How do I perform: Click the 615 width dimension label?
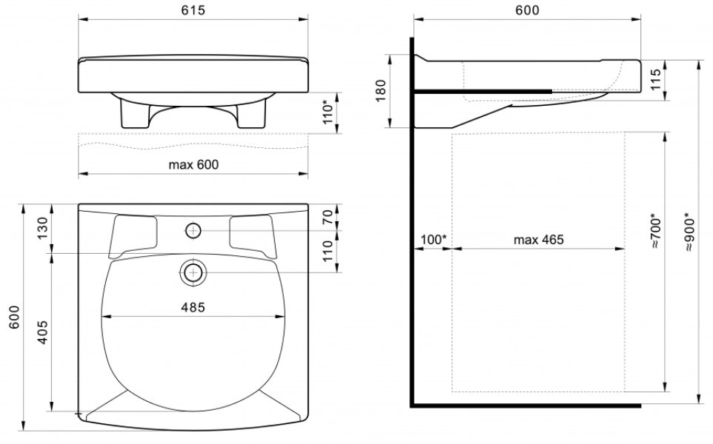click(x=193, y=10)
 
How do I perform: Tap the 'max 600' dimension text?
click(x=193, y=164)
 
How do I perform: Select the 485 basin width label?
click(x=193, y=307)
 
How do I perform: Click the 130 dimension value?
click(x=42, y=229)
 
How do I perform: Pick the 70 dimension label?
click(x=328, y=217)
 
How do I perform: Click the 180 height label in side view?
click(x=381, y=91)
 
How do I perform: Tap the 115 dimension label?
click(x=655, y=79)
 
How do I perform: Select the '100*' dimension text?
click(x=434, y=239)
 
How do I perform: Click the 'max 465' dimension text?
click(x=538, y=239)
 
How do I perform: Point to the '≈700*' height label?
click(x=655, y=231)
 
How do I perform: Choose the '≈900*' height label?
click(x=690, y=232)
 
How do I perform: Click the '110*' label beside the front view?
click(x=328, y=113)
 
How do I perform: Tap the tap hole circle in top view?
click(x=193, y=231)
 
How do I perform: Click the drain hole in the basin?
click(x=193, y=272)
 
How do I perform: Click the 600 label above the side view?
click(x=528, y=10)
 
